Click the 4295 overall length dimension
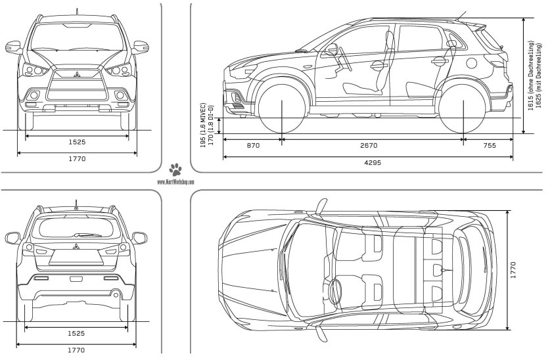369,162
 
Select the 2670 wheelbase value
372,145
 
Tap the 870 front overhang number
253,145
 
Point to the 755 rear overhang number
489,145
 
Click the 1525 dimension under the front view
77,142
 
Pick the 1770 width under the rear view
77,350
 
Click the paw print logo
175,168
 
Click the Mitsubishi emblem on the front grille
77,73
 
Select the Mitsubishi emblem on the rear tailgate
76,248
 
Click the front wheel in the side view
283,104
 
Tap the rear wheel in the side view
464,104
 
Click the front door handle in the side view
379,65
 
